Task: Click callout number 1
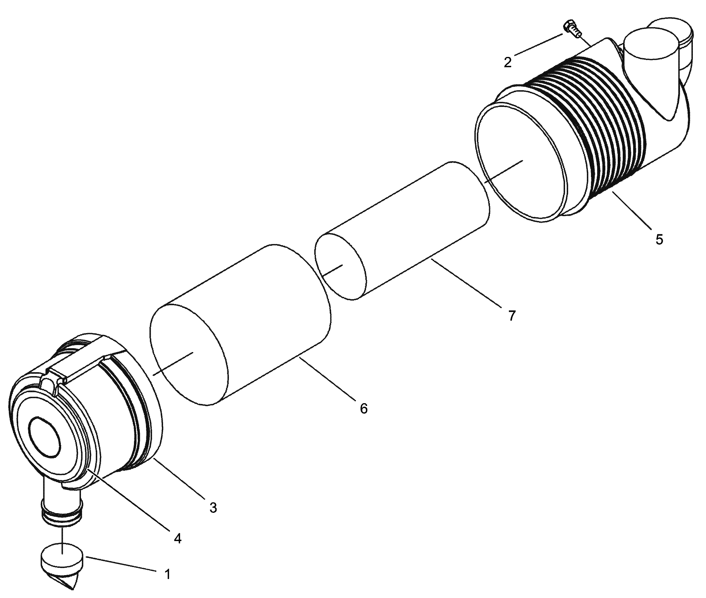point(167,574)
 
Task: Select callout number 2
point(507,62)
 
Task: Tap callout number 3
point(213,508)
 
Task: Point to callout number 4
point(177,538)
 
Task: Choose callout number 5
point(659,239)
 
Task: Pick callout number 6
point(364,408)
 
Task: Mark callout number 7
point(512,316)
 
